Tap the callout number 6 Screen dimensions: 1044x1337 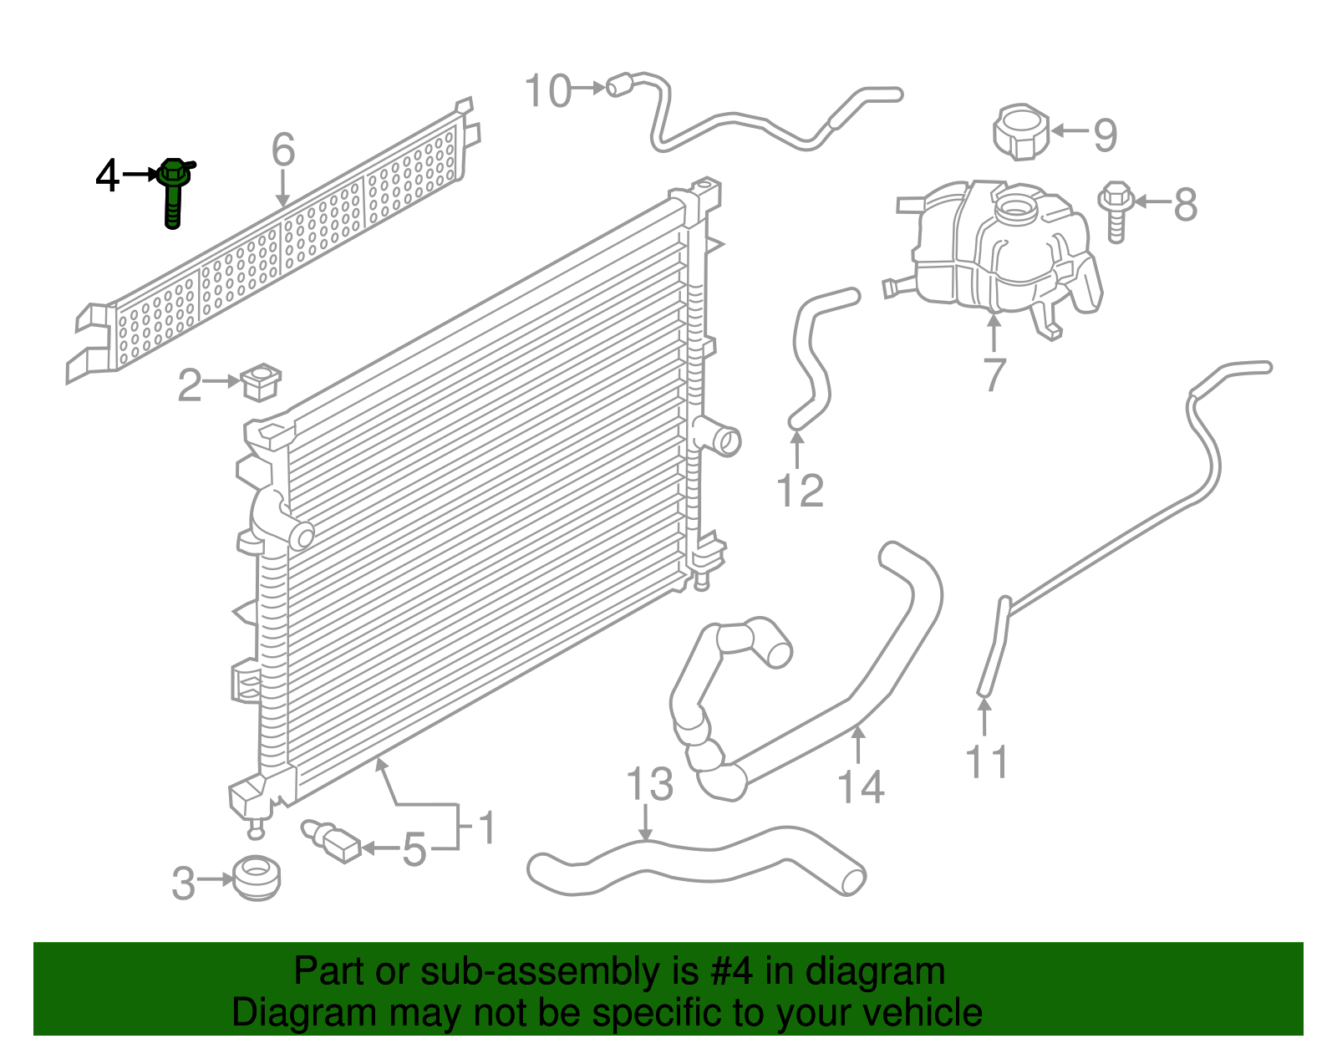point(283,150)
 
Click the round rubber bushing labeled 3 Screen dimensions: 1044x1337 point(256,878)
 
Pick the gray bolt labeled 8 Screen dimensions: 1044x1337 point(1116,210)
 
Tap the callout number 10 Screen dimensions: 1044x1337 point(548,91)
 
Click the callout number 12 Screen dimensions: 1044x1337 point(800,491)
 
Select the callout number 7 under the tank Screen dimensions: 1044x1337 point(994,374)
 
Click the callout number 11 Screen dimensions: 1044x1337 point(986,761)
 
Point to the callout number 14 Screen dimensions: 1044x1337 point(861,787)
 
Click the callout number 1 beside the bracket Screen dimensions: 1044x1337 point(485,828)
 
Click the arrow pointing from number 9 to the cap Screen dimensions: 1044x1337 point(1069,130)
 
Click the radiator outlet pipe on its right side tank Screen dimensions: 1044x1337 point(719,440)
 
